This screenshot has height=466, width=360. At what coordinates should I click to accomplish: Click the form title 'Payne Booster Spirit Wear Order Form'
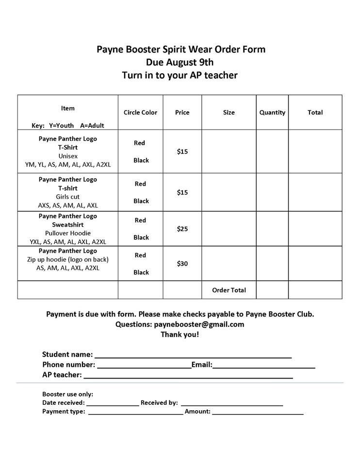pyautogui.click(x=180, y=49)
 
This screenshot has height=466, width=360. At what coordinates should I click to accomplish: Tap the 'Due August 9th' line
pyautogui.click(x=180, y=62)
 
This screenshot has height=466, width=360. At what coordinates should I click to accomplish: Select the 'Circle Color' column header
pyautogui.click(x=140, y=112)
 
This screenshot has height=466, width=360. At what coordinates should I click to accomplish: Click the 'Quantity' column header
pyautogui.click(x=272, y=112)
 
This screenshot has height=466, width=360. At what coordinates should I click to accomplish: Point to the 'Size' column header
pyautogui.click(x=229, y=112)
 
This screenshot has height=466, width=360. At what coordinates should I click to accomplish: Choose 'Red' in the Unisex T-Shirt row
pyautogui.click(x=140, y=143)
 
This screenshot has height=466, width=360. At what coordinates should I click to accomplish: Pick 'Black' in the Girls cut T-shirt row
pyautogui.click(x=141, y=201)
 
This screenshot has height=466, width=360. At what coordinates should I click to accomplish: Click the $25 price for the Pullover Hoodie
pyautogui.click(x=182, y=229)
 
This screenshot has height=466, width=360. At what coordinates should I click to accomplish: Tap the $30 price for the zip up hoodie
pyautogui.click(x=182, y=264)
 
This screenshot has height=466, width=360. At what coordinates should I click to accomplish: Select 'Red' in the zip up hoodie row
pyautogui.click(x=140, y=255)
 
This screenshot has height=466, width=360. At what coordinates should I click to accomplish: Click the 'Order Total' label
pyautogui.click(x=229, y=290)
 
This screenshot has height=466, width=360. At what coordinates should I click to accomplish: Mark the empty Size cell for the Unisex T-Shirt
pyautogui.click(x=229, y=152)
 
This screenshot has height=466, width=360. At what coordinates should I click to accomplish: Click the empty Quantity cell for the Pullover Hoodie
pyautogui.click(x=272, y=229)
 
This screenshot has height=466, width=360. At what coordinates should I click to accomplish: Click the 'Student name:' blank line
pyautogui.click(x=193, y=356)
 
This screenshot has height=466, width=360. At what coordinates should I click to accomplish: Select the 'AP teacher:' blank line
pyautogui.click(x=188, y=376)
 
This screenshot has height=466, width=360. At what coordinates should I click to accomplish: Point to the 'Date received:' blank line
pyautogui.click(x=113, y=404)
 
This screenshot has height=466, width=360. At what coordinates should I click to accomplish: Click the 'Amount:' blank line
pyautogui.click(x=258, y=413)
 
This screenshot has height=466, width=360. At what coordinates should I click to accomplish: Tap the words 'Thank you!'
pyautogui.click(x=180, y=334)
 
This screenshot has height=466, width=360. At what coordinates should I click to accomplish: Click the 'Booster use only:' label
pyautogui.click(x=67, y=394)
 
